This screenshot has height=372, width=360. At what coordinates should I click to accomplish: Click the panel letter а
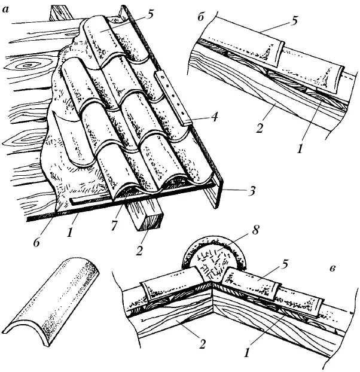point(6,10)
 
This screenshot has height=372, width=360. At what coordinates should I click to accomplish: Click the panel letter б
point(201,17)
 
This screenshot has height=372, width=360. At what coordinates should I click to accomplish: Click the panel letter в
point(332,269)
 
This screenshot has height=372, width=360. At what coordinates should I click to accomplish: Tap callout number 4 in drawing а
point(214,117)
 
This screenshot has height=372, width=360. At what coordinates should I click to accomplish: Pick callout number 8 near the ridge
point(255,230)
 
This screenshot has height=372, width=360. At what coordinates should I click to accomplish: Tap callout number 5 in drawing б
point(294,21)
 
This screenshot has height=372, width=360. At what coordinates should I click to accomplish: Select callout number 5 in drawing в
point(284,265)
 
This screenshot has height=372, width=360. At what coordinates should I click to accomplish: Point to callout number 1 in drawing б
point(300,149)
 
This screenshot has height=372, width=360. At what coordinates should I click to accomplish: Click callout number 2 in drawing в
point(202,344)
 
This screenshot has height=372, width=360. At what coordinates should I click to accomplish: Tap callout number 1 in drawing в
point(246,353)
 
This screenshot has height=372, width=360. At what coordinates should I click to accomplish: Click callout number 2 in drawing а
point(139,251)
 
